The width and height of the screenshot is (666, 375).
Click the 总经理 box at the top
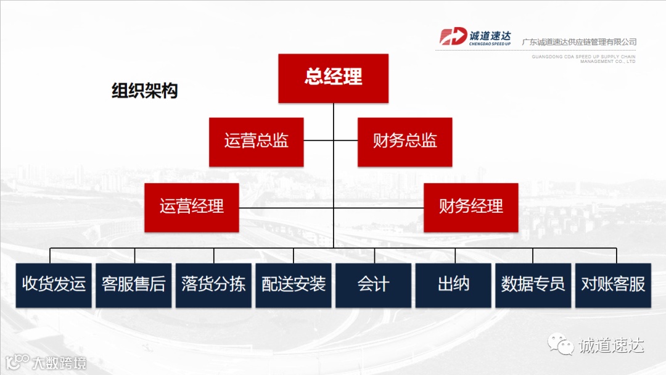click(333, 78)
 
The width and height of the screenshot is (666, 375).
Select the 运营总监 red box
click(256, 141)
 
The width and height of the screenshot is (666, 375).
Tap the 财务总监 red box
click(405, 141)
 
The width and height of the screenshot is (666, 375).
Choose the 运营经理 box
click(192, 207)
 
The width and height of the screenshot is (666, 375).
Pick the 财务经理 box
click(471, 207)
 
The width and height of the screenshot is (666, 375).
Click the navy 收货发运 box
click(54, 285)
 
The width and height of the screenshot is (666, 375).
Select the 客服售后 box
click(134, 285)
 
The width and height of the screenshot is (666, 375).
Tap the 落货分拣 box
click(213, 285)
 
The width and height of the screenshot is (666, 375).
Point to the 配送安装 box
click(294, 285)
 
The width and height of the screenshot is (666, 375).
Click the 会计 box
click(373, 285)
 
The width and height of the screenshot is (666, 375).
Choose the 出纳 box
click(453, 285)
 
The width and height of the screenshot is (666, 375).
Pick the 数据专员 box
click(533, 285)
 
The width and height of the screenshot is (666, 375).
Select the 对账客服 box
click(613, 285)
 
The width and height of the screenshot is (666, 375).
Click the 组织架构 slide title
click(144, 91)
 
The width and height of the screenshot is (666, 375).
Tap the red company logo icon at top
click(453, 36)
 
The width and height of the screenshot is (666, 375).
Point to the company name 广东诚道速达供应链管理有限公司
click(578, 42)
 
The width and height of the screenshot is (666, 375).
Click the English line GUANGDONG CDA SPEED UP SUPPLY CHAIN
click(583, 57)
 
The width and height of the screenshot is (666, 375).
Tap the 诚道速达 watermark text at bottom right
click(611, 345)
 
